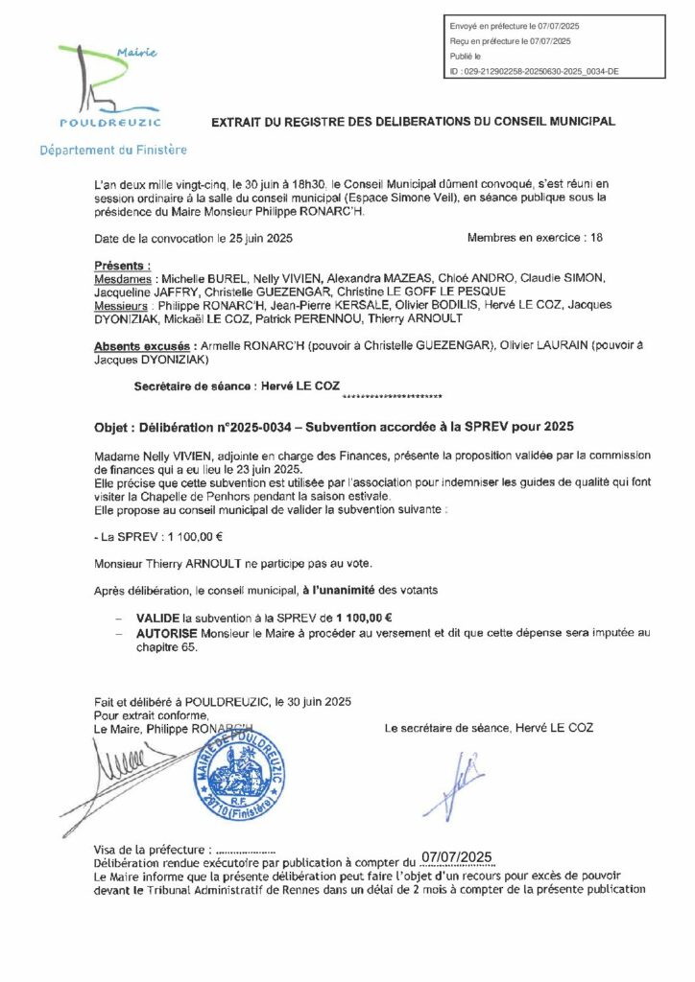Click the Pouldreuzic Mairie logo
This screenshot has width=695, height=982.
111,87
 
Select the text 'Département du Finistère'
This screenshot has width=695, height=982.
113,151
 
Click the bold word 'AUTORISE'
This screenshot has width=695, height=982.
167,634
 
